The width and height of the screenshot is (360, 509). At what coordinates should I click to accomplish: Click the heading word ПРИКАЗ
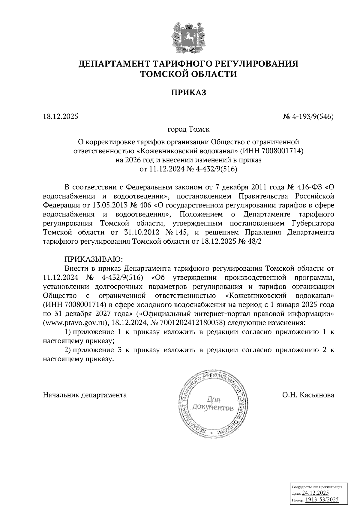pos(188,93)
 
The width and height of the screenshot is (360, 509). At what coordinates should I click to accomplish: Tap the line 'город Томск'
pos(188,130)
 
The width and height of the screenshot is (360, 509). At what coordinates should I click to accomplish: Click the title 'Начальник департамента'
pos(85,395)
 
